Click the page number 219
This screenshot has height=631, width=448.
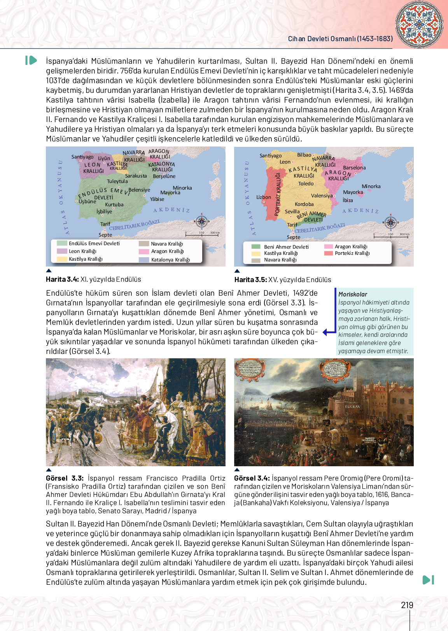[407, 605]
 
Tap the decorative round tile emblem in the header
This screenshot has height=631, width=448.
[419, 24]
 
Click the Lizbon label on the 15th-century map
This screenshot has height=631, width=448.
[264, 197]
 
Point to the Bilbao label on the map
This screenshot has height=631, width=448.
[304, 155]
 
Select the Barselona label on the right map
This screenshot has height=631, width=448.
[354, 168]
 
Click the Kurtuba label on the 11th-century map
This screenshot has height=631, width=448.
[114, 205]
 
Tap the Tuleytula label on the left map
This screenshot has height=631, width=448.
[117, 181]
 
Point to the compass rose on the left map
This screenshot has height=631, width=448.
[201, 221]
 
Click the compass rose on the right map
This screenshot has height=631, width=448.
[390, 223]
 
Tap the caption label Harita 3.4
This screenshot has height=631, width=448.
[62, 279]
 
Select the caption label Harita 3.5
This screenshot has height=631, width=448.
[250, 280]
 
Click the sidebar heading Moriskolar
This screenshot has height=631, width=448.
[353, 295]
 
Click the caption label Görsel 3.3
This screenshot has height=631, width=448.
[65, 478]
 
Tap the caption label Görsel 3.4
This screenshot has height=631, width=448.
[252, 478]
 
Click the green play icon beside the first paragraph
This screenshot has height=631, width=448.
[31, 60]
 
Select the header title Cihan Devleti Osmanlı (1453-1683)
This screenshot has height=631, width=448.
[340, 39]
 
